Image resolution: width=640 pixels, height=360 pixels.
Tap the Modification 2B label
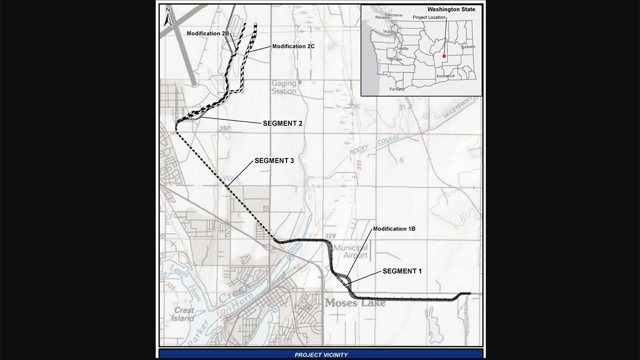[208, 33]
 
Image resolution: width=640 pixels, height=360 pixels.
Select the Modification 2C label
[293, 46]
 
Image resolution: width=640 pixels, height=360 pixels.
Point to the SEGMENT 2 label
[282, 123]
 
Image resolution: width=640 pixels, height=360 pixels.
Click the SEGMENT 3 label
[274, 160]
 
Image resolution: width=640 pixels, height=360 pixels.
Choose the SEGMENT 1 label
[402, 271]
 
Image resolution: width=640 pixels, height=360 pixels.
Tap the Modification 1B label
[394, 229]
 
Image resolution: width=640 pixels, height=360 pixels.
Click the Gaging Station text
[284, 87]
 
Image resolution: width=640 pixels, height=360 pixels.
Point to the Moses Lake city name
[355, 303]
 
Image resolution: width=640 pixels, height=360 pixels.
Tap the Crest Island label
[184, 314]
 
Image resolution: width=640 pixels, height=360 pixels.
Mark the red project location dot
[444, 56]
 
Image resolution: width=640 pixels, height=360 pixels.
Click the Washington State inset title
[451, 9]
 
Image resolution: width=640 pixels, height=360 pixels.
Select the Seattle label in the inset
[402, 48]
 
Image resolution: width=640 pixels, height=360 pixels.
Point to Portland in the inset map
[396, 89]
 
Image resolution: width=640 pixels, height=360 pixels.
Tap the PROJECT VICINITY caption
[321, 355]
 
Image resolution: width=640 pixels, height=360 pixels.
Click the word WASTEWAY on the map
[457, 108]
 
